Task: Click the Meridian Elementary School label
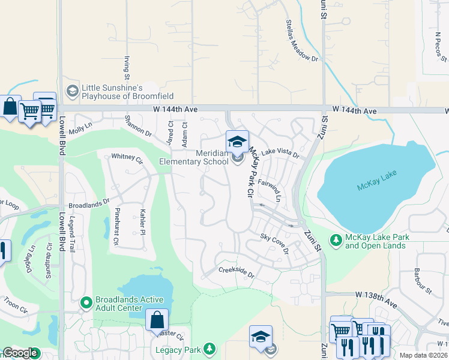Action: coord(193,157)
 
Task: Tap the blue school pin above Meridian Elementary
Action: coord(237,142)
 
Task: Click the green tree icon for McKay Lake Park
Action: coord(336,241)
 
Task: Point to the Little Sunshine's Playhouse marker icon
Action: coord(73,91)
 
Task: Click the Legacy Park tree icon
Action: coord(209,349)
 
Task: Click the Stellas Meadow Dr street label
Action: coord(301,42)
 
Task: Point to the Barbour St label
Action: coord(423,282)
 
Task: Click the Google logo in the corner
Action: coord(20,353)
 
